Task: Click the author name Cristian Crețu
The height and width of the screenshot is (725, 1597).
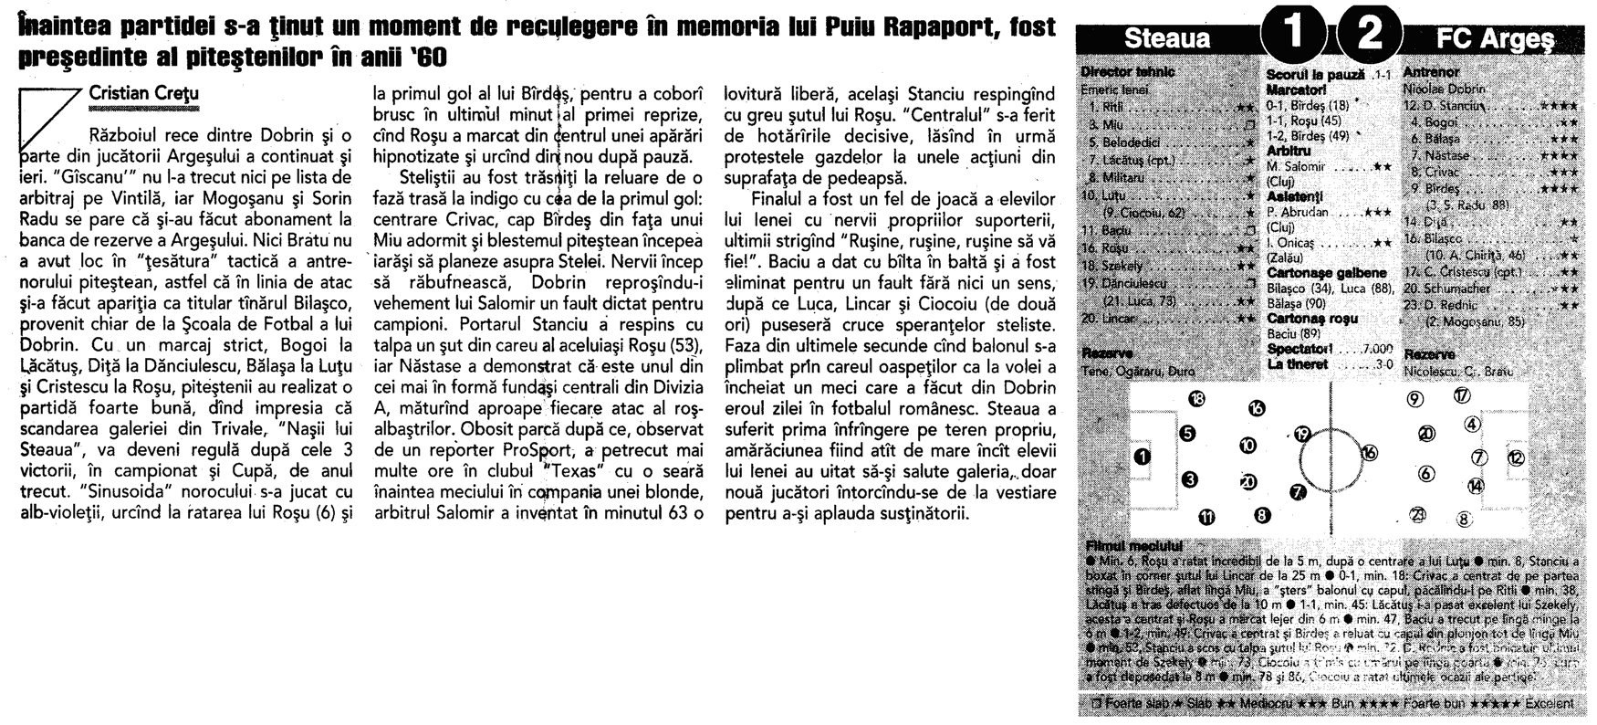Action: pos(143,93)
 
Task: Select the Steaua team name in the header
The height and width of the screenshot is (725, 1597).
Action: pos(1167,38)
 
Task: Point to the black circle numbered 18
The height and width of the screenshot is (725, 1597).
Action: pos(1197,398)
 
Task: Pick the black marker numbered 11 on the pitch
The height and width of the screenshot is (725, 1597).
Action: pos(1206,518)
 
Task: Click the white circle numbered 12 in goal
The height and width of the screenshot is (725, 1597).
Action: pos(1516,457)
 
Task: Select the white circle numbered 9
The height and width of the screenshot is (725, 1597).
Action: pos(1416,399)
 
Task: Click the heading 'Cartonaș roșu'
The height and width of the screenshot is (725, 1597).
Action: pos(1312,319)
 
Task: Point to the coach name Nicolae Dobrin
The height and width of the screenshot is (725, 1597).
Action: pos(1444,89)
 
